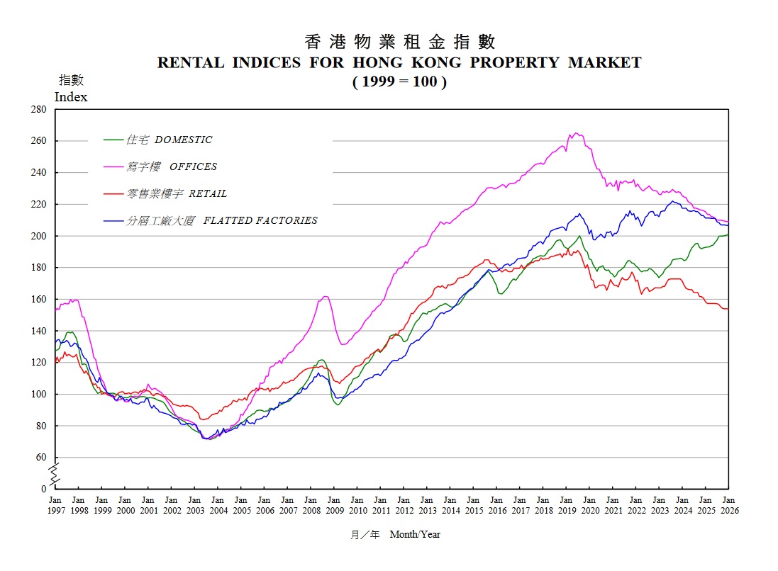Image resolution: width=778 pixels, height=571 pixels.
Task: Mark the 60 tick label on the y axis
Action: click(41, 458)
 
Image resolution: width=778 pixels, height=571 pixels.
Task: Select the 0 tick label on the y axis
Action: click(44, 489)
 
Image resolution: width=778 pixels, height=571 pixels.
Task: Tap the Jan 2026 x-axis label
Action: click(728, 505)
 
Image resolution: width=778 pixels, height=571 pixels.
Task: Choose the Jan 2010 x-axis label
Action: click(357, 505)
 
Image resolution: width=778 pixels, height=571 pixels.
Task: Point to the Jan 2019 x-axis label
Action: click(566, 505)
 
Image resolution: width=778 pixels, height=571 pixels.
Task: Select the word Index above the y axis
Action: click(71, 97)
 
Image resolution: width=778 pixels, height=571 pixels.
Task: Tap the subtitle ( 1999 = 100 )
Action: click(399, 81)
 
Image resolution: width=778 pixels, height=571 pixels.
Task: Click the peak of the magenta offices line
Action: click(574, 133)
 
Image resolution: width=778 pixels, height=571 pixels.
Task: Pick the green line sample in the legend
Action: click(113, 140)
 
